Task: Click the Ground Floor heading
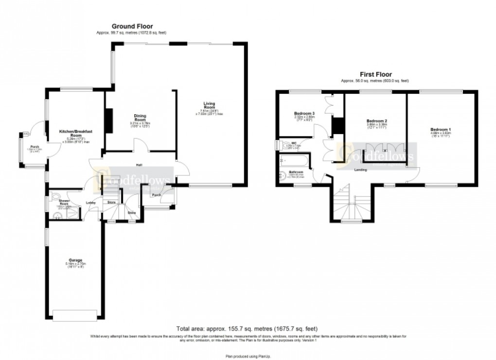(132, 26)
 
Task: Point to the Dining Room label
(141, 119)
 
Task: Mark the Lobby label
(90, 203)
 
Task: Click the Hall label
(139, 165)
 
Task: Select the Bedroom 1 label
(441, 129)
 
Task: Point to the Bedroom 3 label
(304, 114)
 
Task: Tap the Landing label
(360, 170)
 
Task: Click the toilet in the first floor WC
(281, 145)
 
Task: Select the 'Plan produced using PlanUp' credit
(248, 348)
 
